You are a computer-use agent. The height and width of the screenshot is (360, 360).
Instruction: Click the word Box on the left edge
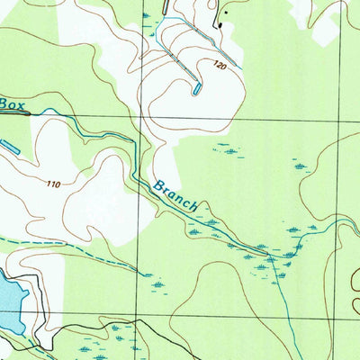coord(11,104)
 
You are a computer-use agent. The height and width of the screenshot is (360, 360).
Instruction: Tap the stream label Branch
coord(175,195)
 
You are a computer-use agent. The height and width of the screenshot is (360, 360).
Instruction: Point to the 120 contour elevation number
coord(220,66)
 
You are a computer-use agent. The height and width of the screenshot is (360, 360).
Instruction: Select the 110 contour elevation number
coord(53,184)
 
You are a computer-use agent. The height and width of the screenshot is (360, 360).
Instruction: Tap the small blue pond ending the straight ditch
coord(197,89)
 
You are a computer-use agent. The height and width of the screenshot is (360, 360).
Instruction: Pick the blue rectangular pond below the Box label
coord(8,145)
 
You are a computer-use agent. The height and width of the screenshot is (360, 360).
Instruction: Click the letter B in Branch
coord(157,185)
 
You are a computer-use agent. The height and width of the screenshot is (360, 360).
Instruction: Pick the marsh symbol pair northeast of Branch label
coord(230,149)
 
